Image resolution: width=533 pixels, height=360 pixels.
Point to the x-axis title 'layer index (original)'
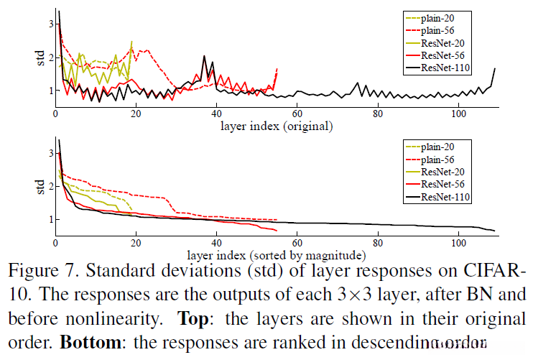tap(276, 126)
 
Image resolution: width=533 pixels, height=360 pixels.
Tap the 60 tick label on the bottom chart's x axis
tap(297, 242)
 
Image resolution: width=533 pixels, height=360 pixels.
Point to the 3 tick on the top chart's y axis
tap(50, 24)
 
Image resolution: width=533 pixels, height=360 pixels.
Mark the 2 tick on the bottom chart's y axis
tap(50, 186)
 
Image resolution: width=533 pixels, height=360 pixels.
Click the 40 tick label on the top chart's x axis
tap(216, 114)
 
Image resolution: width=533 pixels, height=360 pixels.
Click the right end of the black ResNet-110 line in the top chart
tap(495, 68)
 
